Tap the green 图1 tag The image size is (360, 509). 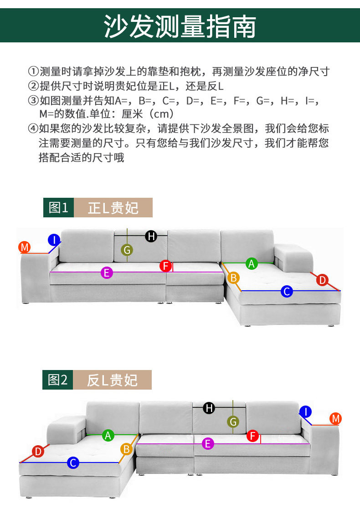pyautogui.click(x=58, y=208)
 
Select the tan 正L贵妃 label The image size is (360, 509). pyautogui.click(x=113, y=208)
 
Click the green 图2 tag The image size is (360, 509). pyautogui.click(x=58, y=380)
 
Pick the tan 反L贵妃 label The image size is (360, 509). pyautogui.click(x=113, y=380)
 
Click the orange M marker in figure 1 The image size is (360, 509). pyautogui.click(x=25, y=247)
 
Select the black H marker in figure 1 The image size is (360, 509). pyautogui.click(x=151, y=236)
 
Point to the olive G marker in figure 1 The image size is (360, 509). pyautogui.click(x=127, y=250)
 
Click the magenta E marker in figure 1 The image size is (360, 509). pyautogui.click(x=107, y=272)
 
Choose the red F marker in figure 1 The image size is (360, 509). pyautogui.click(x=165, y=266)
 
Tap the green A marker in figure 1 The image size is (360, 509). pyautogui.click(x=251, y=263)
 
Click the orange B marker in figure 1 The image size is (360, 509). pyautogui.click(x=233, y=277)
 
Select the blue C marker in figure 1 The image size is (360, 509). pyautogui.click(x=287, y=291)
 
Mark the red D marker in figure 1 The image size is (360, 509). pyautogui.click(x=323, y=280)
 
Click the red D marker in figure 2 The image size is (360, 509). pyautogui.click(x=38, y=452)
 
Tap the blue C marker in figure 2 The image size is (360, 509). pyautogui.click(x=73, y=463)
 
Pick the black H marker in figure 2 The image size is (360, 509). pyautogui.click(x=209, y=408)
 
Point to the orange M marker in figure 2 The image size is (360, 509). pyautogui.click(x=336, y=418)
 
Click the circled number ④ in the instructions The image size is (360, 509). pyautogui.click(x=33, y=129)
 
